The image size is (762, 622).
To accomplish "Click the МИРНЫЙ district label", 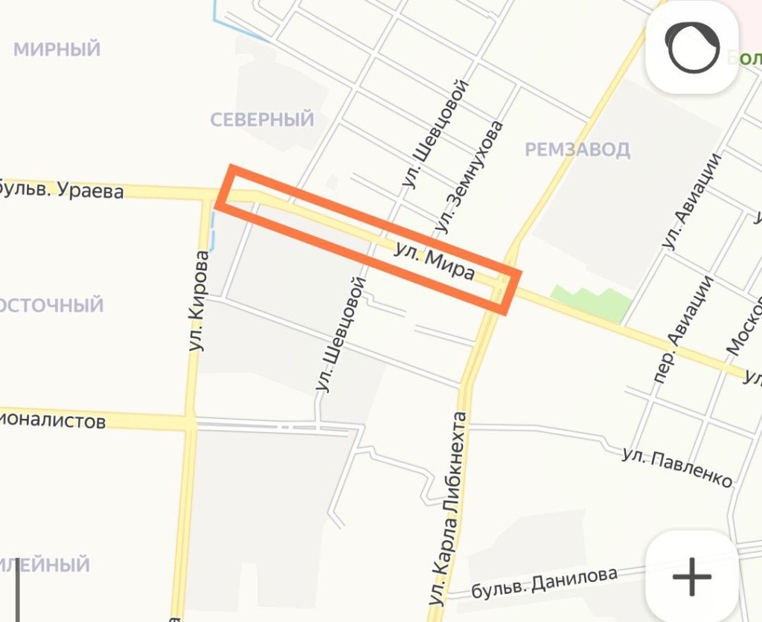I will [57, 50].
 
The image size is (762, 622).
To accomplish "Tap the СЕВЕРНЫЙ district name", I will [262, 120].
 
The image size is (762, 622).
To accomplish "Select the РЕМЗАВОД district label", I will [577, 150].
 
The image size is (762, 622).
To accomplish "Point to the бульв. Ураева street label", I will [61, 190].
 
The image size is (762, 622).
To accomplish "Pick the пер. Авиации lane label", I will [682, 330].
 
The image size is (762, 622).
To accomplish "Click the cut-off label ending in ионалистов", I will [52, 422].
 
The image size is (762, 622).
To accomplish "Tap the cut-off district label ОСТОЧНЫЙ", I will [51, 305].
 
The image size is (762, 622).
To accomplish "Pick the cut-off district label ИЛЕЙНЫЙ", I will [45, 564].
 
